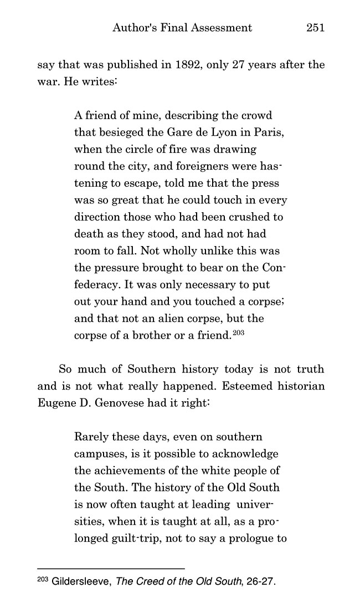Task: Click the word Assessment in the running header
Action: click(x=224, y=27)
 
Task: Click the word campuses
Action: click(x=98, y=454)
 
